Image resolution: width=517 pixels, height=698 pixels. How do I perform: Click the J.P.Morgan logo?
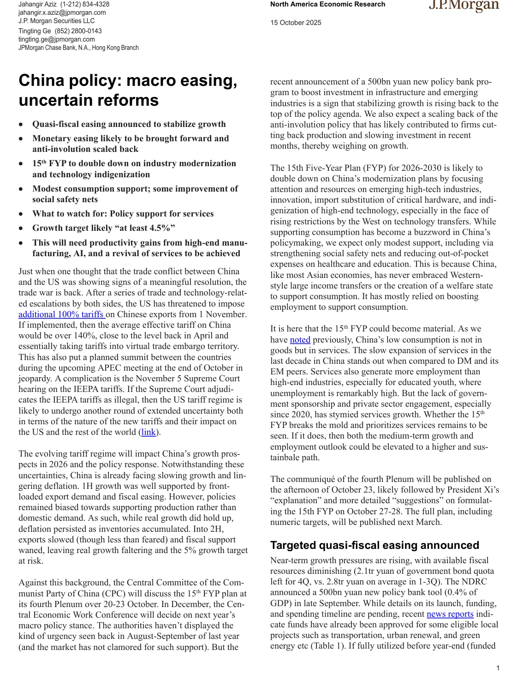pyautogui.click(x=464, y=6)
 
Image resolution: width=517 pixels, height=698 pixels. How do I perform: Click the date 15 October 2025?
pyautogui.click(x=296, y=23)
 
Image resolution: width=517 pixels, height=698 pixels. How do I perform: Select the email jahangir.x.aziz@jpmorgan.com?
pyautogui.click(x=62, y=12)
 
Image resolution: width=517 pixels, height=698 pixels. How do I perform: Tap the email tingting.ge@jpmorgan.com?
pyautogui.click(x=56, y=39)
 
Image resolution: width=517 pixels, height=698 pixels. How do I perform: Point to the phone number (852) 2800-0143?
pyautogui.click(x=78, y=31)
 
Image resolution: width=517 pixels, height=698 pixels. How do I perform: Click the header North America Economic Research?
pyautogui.click(x=327, y=5)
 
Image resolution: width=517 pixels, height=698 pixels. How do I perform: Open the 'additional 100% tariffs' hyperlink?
pyautogui.click(x=62, y=314)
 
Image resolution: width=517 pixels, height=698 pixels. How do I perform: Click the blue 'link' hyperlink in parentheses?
pyautogui.click(x=149, y=432)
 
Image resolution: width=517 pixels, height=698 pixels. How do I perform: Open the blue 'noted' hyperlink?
pyautogui.click(x=300, y=340)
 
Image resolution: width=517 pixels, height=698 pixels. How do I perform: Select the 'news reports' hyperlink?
pyautogui.click(x=450, y=614)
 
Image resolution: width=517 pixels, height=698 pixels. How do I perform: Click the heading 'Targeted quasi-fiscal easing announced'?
pyautogui.click(x=374, y=545)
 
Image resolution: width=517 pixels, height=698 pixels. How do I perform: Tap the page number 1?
pyautogui.click(x=498, y=668)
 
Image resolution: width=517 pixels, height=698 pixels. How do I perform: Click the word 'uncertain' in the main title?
pyautogui.click(x=52, y=100)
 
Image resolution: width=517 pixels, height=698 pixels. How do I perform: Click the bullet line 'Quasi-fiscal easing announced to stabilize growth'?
pyautogui.click(x=129, y=124)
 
